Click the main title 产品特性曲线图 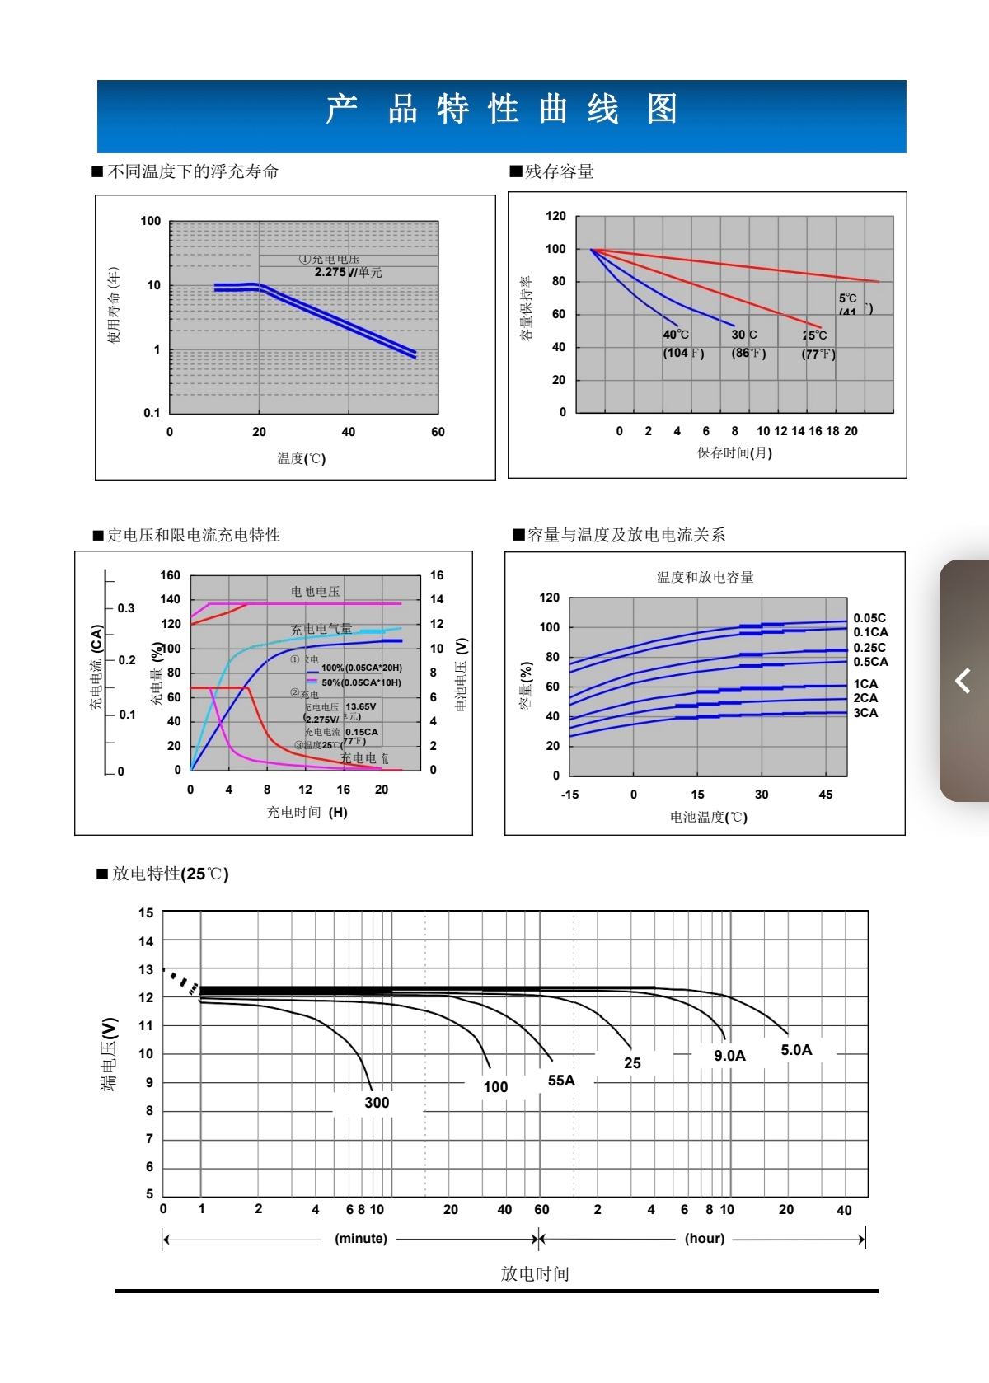pos(501,110)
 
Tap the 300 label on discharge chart pos(377,1103)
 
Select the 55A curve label pos(561,1081)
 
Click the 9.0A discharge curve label pos(729,1056)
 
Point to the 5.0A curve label pos(796,1050)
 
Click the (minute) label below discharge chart pos(361,1238)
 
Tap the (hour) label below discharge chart pos(705,1238)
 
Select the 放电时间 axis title pos(535,1273)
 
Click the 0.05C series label pos(869,618)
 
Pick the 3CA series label pos(865,713)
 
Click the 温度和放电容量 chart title pos(705,577)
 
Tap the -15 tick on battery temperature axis pos(569,795)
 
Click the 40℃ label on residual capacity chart pos(676,335)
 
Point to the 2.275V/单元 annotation pos(348,272)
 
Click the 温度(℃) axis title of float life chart pos(302,458)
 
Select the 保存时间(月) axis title pos(734,452)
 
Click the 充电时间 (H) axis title pos(307,812)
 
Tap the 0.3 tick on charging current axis pos(125,608)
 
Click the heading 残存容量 pos(560,171)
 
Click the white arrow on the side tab pos(963,681)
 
